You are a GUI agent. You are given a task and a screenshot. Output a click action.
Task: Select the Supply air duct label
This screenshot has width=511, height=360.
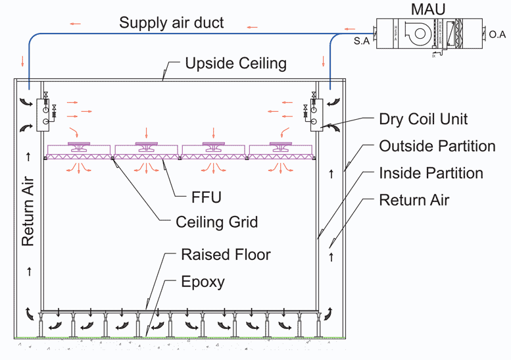[x=171, y=23]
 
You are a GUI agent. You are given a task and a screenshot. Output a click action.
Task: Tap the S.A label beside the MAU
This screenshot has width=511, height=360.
[x=360, y=41]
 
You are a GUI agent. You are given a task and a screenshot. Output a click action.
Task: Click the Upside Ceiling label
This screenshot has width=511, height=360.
[x=235, y=63]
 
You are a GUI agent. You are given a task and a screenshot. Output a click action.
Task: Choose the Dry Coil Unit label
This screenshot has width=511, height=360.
[x=424, y=120]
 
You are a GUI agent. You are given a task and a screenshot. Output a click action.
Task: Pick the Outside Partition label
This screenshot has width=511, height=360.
[x=437, y=145]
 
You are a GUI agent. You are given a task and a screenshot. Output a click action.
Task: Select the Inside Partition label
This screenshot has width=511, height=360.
[x=431, y=173]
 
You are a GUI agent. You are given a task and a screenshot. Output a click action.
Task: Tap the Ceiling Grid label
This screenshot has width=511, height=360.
[x=216, y=221]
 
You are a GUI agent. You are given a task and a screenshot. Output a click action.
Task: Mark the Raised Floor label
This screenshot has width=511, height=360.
[x=226, y=255]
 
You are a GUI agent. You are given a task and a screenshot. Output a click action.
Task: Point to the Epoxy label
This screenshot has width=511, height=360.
[x=203, y=282]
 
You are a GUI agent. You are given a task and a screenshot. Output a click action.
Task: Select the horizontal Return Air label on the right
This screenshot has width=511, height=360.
[x=414, y=199]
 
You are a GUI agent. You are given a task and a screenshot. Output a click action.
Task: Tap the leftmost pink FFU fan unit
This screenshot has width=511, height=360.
[x=81, y=149]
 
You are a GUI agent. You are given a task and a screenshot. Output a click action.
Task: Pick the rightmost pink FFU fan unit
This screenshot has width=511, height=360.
[x=281, y=149]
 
